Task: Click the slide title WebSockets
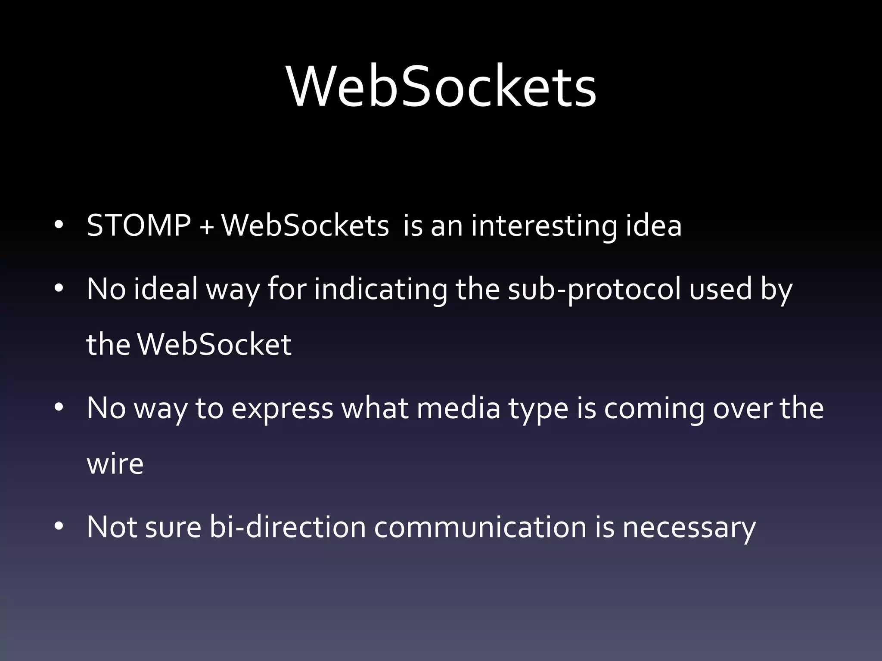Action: coord(441,86)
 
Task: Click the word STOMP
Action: coord(139,225)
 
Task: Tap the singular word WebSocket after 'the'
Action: coord(214,344)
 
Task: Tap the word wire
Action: coord(115,464)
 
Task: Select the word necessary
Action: coord(689,528)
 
